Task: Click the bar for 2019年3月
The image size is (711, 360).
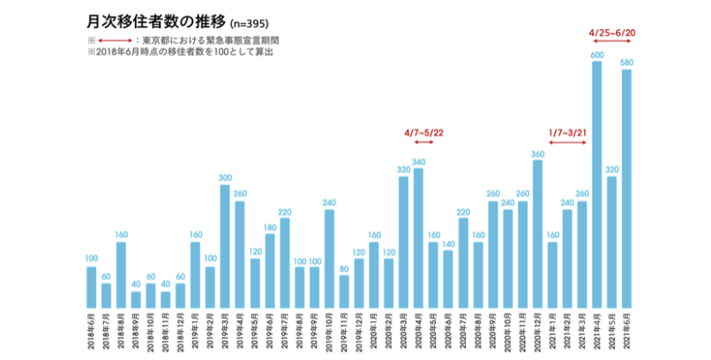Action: pyautogui.click(x=225, y=246)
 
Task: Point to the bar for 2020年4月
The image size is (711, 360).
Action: pyautogui.click(x=418, y=237)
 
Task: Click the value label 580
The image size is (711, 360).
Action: pyautogui.click(x=627, y=63)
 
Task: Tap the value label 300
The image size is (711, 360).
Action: pyautogui.click(x=225, y=178)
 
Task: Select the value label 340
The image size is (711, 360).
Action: pyautogui.click(x=418, y=161)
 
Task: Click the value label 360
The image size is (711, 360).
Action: pyautogui.click(x=537, y=154)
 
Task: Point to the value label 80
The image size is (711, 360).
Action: pyautogui.click(x=344, y=269)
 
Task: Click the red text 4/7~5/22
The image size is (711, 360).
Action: pyautogui.click(x=423, y=132)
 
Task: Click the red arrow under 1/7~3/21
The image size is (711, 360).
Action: pyautogui.click(x=568, y=143)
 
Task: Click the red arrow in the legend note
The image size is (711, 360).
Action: pyautogui.click(x=116, y=41)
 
